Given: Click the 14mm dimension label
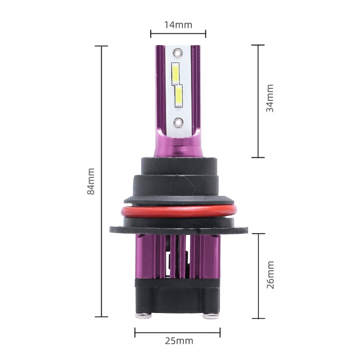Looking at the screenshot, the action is (x=178, y=25).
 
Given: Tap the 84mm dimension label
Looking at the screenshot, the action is (x=91, y=181).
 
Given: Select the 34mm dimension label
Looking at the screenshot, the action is (x=270, y=98).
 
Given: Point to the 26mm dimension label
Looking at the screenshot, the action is (x=270, y=275).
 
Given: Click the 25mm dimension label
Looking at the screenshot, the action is (x=179, y=341).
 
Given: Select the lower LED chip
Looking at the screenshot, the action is (x=179, y=96).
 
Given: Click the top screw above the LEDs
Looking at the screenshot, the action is (x=178, y=53).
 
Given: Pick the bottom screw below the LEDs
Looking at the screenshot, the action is (x=178, y=122).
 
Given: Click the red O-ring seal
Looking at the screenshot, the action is (x=179, y=211).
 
